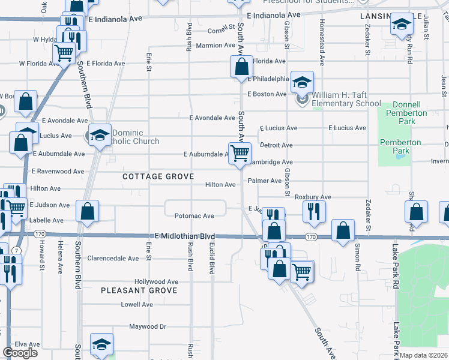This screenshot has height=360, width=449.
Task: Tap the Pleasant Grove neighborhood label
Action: [x=139, y=290]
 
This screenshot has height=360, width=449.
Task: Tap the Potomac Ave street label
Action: [x=194, y=216]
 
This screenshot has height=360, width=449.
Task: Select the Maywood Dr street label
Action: [x=147, y=327]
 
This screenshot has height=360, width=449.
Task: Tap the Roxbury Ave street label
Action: [x=313, y=197]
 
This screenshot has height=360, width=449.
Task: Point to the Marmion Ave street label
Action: [x=215, y=46]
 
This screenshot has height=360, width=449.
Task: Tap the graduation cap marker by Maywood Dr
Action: [x=101, y=344]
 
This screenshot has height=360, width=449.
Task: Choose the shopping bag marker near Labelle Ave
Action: [x=88, y=211]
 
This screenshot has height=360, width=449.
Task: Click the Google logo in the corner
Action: [x=20, y=353]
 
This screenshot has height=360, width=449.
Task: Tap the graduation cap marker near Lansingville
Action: [x=401, y=25]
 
